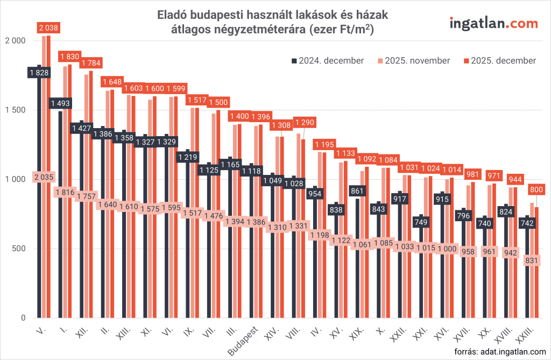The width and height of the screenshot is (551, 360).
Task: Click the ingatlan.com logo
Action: click(493, 23)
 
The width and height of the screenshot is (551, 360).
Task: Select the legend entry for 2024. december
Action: click(328, 61)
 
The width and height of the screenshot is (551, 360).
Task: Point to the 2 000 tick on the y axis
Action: click(15, 41)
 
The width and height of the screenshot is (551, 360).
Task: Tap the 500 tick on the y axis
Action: click(18, 249)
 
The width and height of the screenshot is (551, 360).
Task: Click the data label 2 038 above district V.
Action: click(48, 27)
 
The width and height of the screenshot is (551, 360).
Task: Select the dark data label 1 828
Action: click(39, 73)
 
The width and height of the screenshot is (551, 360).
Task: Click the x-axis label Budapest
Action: click(244, 340)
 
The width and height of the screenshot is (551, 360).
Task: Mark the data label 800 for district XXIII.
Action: click(536, 189)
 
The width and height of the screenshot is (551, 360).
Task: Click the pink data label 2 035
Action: click(44, 177)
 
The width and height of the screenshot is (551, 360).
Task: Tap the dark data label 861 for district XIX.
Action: click(357, 190)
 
